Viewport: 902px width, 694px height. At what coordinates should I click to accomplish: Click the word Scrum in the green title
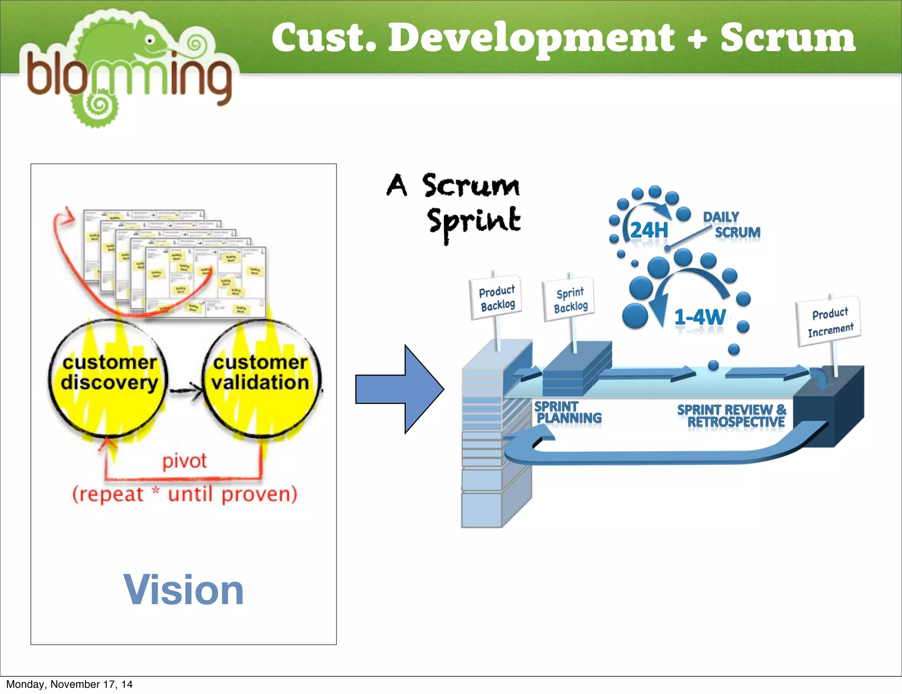pos(787,38)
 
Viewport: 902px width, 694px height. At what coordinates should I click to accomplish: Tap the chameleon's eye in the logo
pos(150,41)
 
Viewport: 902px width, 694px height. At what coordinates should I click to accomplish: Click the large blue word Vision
pos(183,590)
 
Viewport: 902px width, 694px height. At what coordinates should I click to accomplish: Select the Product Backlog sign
pos(496,298)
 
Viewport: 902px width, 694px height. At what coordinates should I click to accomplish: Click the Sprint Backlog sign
pos(570,300)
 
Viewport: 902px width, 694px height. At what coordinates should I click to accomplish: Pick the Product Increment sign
pos(830,322)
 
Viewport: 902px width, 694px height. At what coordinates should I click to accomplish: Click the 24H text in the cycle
pos(649,230)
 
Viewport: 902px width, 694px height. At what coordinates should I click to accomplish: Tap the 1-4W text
pos(700,317)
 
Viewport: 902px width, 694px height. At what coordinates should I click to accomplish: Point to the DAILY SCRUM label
pos(731,225)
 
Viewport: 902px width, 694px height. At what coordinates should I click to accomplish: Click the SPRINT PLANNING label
pos(567,412)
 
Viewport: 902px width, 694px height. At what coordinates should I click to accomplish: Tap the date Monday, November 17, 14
pos(69,684)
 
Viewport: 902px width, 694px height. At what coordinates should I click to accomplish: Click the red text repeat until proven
pos(185,494)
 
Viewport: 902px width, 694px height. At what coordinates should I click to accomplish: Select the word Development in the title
pos(531,39)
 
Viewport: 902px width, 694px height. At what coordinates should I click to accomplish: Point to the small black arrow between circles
pos(186,390)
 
